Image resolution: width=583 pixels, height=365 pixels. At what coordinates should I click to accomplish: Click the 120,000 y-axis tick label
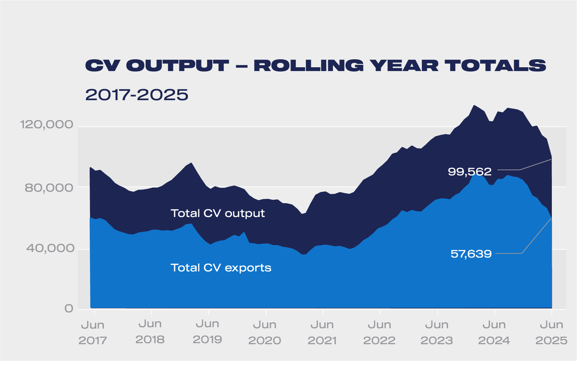point(47,124)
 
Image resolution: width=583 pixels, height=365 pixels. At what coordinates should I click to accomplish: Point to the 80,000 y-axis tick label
point(49,188)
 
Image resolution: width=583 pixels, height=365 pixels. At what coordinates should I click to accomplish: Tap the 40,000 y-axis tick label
point(50,248)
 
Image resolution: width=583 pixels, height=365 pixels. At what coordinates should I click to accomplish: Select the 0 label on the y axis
point(69,308)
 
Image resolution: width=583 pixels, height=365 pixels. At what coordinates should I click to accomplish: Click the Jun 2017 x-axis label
point(92,332)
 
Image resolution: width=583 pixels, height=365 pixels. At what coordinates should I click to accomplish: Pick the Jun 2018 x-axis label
point(150,332)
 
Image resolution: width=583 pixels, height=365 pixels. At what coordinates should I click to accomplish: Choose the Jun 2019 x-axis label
point(207,332)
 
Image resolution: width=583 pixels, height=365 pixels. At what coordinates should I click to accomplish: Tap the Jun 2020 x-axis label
point(264,332)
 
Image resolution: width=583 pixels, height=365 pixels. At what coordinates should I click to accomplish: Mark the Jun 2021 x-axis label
point(322,332)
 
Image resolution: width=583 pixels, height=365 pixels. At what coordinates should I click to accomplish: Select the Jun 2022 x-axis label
point(379,332)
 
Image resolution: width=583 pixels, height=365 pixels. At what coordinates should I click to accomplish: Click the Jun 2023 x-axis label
point(437,332)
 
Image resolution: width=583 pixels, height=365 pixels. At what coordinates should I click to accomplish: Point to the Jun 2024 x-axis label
point(494,332)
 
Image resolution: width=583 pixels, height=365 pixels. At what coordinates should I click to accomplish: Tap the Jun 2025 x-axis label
point(551,332)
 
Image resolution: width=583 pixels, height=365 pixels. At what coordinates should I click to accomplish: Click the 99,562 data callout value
point(469,172)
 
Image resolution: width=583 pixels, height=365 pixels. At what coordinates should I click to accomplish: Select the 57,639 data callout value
point(471,254)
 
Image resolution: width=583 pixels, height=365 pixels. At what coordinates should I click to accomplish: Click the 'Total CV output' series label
point(217,213)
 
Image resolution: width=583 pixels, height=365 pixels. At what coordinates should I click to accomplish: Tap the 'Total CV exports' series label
point(221,268)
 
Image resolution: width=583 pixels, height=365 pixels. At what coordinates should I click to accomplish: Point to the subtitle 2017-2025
point(137,95)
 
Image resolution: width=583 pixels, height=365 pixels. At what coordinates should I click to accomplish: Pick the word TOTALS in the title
point(495,66)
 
